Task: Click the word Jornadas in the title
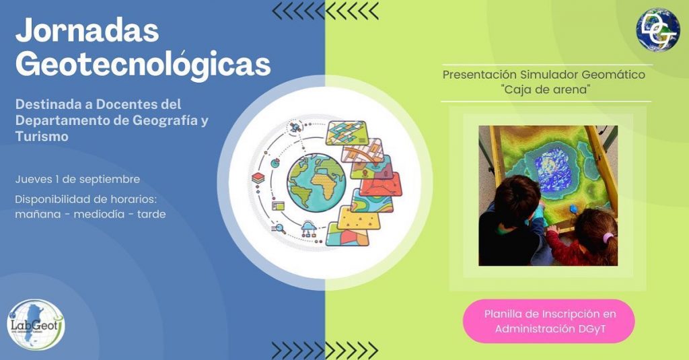[87, 30]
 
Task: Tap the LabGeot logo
[36, 324]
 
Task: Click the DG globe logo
[658, 30]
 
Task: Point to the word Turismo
[42, 137]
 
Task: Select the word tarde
[151, 215]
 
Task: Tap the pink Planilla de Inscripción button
[549, 322]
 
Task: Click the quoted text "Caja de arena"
[545, 89]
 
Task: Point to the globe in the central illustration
[316, 183]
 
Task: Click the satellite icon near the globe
[295, 127]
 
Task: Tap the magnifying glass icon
[279, 229]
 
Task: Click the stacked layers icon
[258, 178]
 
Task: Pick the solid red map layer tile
[381, 184]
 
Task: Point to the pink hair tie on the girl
[608, 238]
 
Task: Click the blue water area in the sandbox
[553, 170]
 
